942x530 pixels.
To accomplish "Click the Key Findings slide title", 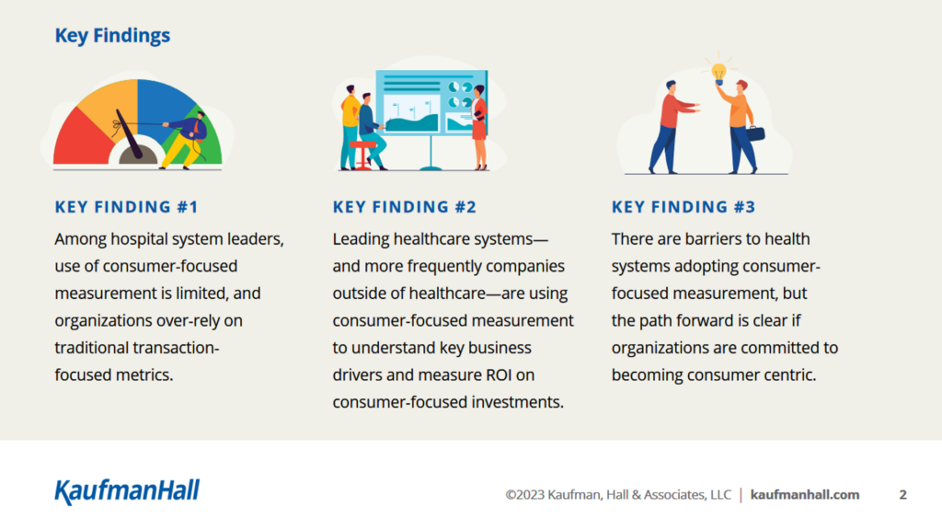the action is coord(112,36).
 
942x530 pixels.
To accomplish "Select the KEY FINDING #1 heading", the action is coord(126,207).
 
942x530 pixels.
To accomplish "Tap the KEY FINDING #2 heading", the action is coord(405,207).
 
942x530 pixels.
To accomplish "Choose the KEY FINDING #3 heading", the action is coord(684,207).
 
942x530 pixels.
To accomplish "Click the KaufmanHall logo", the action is coord(127,491).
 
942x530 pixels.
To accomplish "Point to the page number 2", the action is coord(902,494).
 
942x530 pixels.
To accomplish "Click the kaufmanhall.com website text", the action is coord(804,494).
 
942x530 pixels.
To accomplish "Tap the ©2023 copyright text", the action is coord(618,494).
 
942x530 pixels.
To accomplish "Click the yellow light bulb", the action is coord(718,74).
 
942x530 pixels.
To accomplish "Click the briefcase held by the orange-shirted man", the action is coord(755,132).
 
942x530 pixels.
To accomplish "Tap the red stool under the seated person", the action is coord(362,155).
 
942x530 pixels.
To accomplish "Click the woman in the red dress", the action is coord(478,127).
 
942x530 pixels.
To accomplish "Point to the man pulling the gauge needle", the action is coord(188,140).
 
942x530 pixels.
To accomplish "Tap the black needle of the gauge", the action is coord(129,134).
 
